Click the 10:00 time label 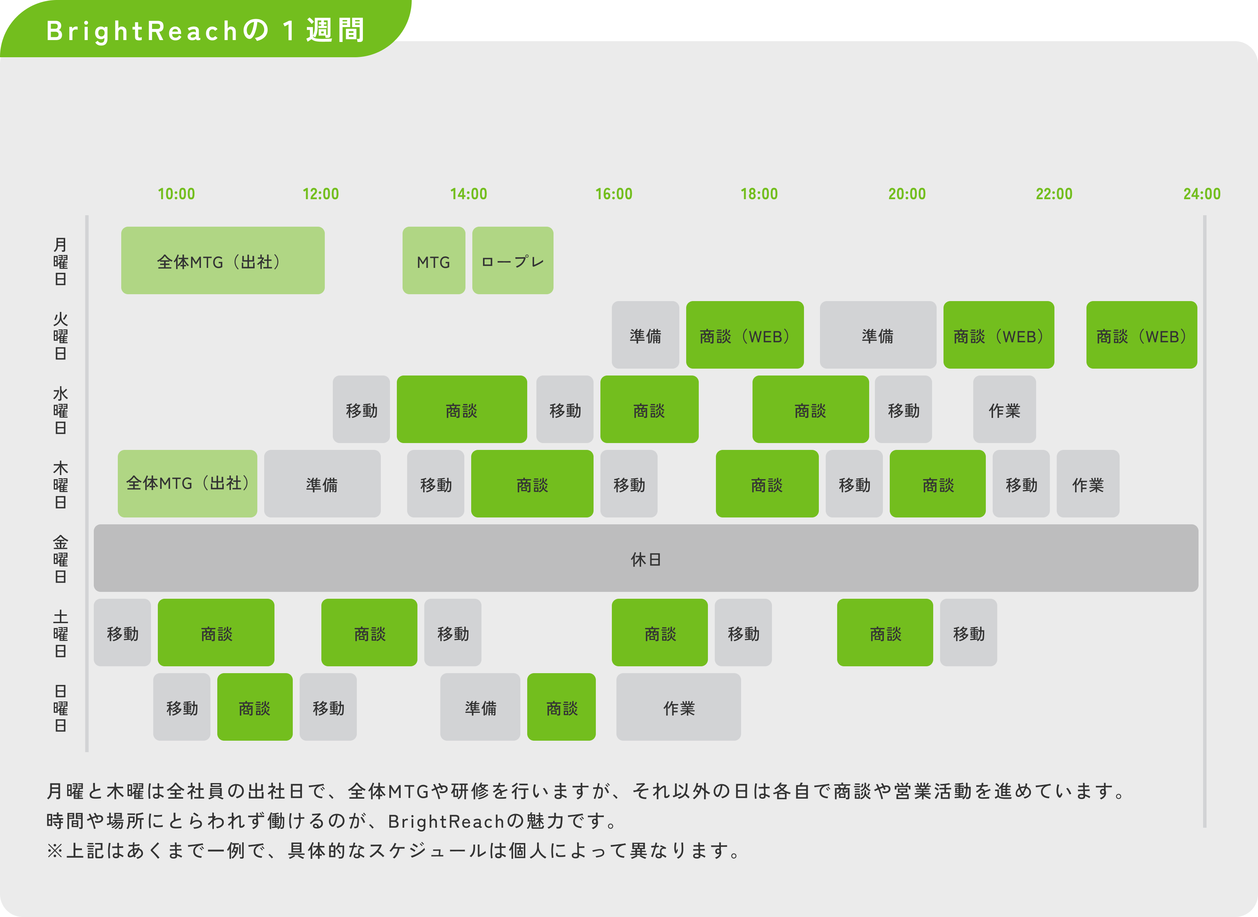point(177,194)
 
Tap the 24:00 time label point(1202,194)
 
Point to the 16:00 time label point(613,194)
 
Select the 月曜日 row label point(61,261)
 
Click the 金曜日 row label point(61,559)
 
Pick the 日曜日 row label point(61,708)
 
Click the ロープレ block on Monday point(512,260)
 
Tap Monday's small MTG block point(434,260)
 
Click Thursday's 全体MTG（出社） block point(188,483)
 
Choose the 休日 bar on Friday point(646,558)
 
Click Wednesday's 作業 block point(1004,409)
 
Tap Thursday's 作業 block point(1088,483)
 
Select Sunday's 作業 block point(678,707)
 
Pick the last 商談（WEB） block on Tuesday point(1141,335)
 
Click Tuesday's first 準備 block point(645,335)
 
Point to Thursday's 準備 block point(322,483)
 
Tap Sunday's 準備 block point(480,707)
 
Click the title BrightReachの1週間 point(205,30)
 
